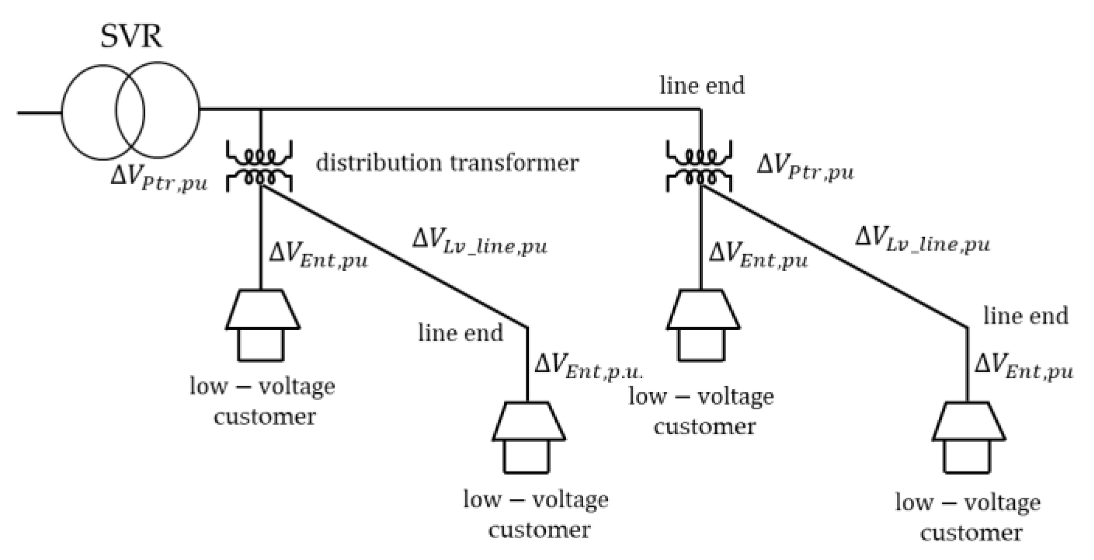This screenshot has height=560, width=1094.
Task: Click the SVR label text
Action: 131,37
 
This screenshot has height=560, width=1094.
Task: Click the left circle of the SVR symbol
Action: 83,112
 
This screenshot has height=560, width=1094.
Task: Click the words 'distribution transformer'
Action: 447,163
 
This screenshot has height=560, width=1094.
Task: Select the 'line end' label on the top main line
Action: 702,86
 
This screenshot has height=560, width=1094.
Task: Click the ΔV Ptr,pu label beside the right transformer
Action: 805,168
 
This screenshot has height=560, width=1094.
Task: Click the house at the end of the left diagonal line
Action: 528,437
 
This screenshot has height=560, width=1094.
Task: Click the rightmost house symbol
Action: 968,437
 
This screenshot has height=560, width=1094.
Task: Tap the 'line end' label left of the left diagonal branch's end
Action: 460,333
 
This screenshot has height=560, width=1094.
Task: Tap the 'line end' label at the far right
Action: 1025,316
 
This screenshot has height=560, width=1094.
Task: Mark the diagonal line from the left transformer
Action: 393,256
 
